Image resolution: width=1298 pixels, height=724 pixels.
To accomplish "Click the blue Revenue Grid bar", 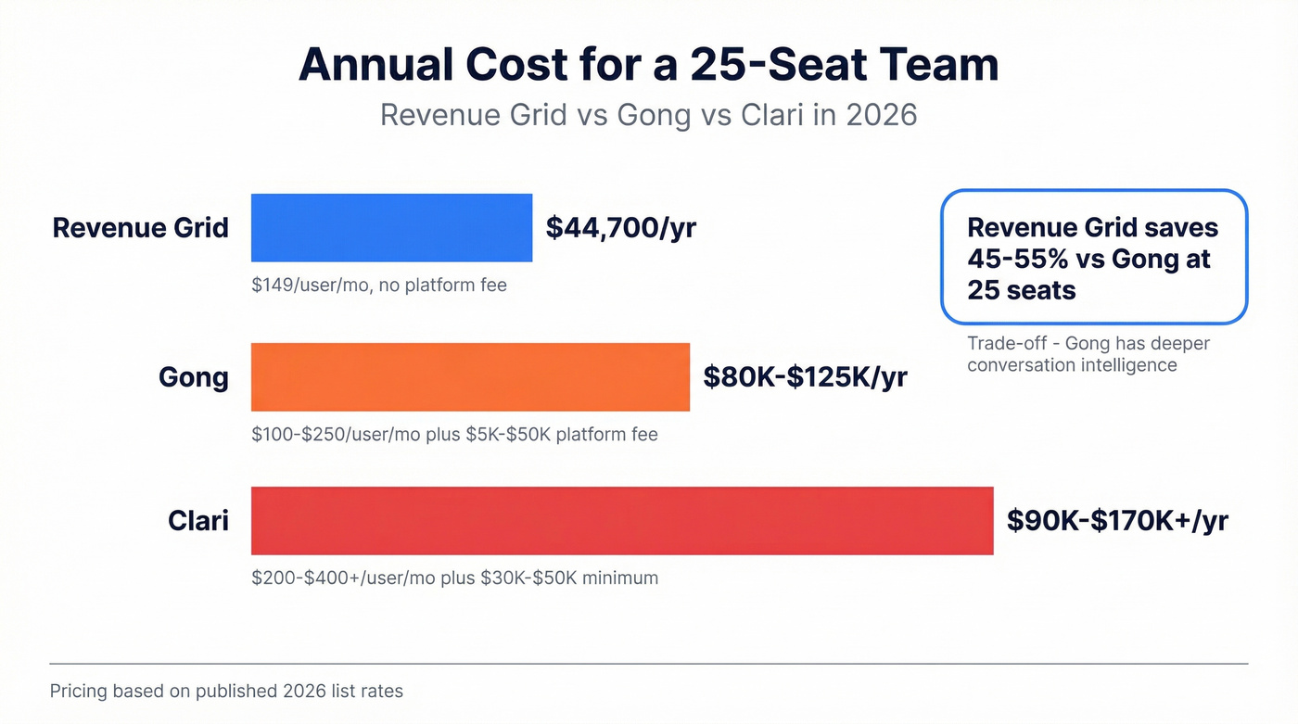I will coord(391,227).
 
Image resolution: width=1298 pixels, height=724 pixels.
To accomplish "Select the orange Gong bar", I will coord(470,376).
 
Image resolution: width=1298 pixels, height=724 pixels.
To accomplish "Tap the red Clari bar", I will coord(621,520).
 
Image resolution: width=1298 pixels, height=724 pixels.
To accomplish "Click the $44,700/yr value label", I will coord(620,228).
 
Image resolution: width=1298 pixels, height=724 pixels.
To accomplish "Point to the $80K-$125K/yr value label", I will coord(805,376).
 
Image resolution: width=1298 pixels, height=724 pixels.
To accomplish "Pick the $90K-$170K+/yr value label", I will coord(1117,520).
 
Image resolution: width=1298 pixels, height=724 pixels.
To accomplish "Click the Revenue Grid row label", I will coord(140,228).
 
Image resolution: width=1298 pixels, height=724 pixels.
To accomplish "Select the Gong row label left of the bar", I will coord(193,377).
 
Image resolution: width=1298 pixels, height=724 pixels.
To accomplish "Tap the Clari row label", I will coord(198,521).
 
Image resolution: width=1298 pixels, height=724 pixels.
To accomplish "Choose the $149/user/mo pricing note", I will coord(378,286).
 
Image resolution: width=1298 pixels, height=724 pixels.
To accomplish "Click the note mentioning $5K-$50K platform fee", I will coord(454,434).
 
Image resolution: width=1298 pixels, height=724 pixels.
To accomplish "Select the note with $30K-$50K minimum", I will coord(454,578).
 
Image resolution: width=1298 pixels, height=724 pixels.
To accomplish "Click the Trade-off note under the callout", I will coord(1088,354).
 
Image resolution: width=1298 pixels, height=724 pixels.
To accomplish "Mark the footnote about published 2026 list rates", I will coord(226,692).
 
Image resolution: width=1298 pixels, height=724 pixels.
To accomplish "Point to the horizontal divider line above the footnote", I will coord(648,664).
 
